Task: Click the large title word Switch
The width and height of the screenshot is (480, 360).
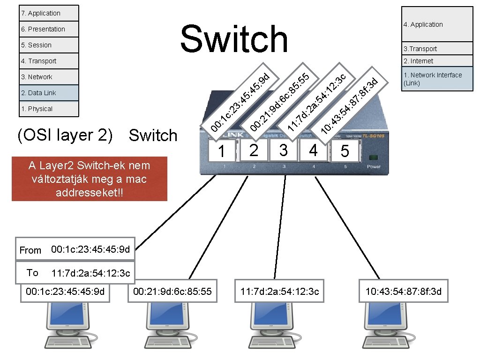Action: pyautogui.click(x=234, y=39)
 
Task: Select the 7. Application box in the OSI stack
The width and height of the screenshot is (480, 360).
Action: pyautogui.click(x=49, y=13)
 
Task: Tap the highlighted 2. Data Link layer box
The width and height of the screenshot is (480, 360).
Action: pyautogui.click(x=49, y=93)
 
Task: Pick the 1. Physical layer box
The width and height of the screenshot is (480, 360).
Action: pyautogui.click(x=49, y=109)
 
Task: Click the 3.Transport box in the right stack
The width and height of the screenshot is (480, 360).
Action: pyautogui.click(x=437, y=49)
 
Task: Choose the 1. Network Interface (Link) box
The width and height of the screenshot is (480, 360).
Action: pyautogui.click(x=437, y=79)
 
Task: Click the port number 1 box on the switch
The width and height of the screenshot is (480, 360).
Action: pyautogui.click(x=222, y=151)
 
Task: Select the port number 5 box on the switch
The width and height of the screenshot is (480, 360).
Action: pyautogui.click(x=345, y=151)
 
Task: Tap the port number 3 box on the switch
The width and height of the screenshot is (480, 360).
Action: pyautogui.click(x=283, y=150)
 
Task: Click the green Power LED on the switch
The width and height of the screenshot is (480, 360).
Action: pyautogui.click(x=373, y=157)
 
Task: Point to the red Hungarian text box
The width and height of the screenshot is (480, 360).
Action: pyautogui.click(x=89, y=179)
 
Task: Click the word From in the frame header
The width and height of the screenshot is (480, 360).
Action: pyautogui.click(x=30, y=250)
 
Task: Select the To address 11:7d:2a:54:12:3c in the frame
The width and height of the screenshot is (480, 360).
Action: pyautogui.click(x=90, y=273)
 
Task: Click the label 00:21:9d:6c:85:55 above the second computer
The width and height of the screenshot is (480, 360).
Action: pyautogui.click(x=172, y=292)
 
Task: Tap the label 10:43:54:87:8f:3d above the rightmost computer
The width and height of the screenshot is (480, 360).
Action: pyautogui.click(x=403, y=292)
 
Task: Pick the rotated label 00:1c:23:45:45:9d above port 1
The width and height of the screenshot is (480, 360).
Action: pyautogui.click(x=240, y=102)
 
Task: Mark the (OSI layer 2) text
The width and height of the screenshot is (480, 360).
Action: pyautogui.click(x=65, y=135)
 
